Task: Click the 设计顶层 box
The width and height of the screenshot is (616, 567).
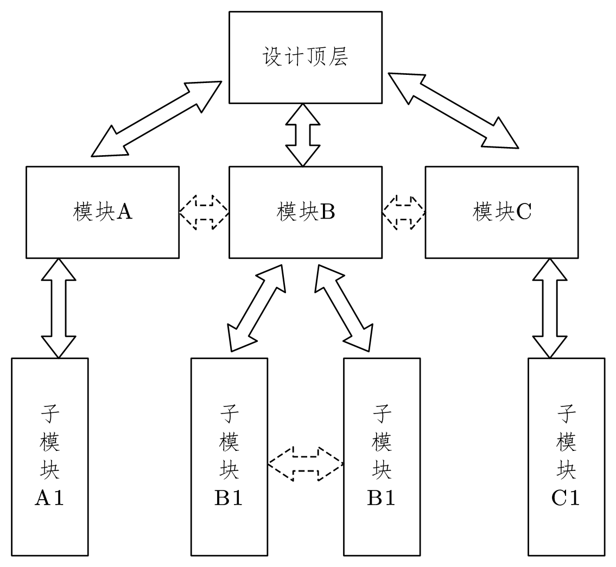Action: [305, 57]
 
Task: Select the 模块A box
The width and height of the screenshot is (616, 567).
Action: [103, 212]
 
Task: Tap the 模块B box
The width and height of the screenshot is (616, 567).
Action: [305, 212]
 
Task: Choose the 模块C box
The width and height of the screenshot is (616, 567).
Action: [501, 212]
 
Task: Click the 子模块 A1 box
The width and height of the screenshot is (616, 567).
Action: [50, 456]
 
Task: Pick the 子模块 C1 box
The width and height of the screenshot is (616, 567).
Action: [566, 456]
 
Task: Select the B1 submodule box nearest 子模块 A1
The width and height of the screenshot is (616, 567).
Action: [229, 456]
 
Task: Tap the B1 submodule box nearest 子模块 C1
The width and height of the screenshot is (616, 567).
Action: [382, 456]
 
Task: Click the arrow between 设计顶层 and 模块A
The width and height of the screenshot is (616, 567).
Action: [156, 119]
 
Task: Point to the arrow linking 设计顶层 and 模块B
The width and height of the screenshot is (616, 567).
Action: [303, 135]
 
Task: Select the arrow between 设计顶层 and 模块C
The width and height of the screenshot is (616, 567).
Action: [453, 109]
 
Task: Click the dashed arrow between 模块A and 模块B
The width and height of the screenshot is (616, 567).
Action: [204, 212]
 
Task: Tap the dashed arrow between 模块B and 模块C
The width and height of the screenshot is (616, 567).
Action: [403, 212]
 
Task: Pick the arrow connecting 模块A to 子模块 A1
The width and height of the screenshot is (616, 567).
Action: [58, 308]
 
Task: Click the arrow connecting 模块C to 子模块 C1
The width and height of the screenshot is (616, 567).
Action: [550, 308]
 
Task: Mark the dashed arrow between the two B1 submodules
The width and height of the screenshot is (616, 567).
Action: [306, 464]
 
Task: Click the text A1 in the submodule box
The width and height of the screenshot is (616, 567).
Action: [49, 498]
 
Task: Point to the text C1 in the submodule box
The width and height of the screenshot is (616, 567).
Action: [566, 498]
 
